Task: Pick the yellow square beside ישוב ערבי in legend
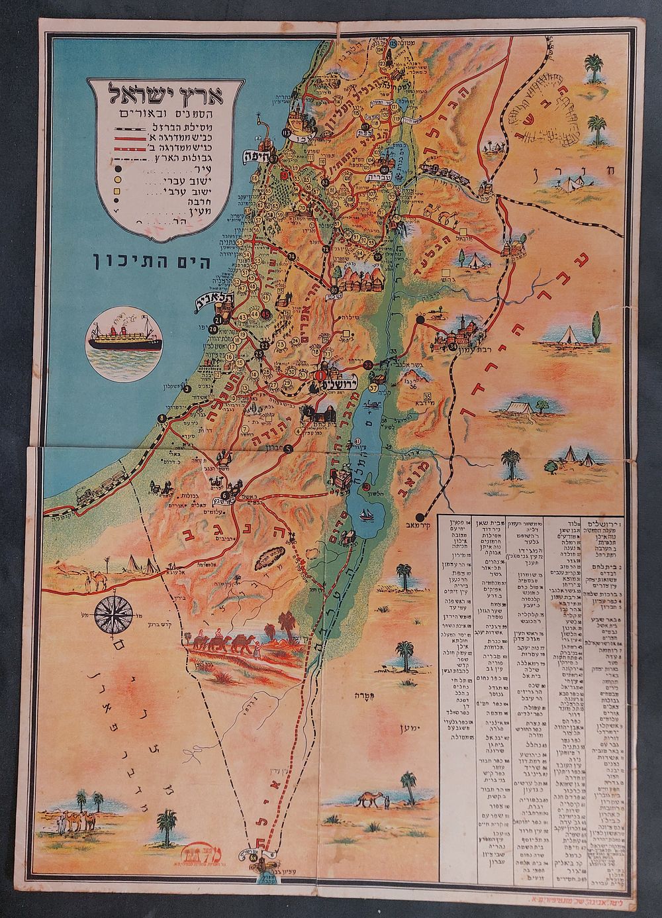[x=117, y=192]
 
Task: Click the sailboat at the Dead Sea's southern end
[x=365, y=513]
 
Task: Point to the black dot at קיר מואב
[x=420, y=516]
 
